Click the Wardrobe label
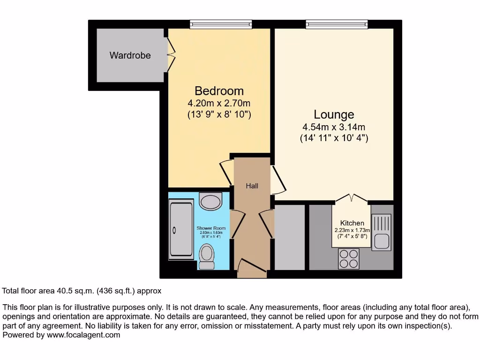pyautogui.click(x=130, y=55)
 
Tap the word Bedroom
pyautogui.click(x=219, y=90)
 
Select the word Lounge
pyautogui.click(x=334, y=114)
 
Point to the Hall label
pyautogui.click(x=252, y=186)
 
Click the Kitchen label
pyautogui.click(x=352, y=223)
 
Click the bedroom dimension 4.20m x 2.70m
pyautogui.click(x=219, y=103)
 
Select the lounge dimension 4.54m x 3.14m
pyautogui.click(x=334, y=127)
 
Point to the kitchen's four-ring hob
pyautogui.click(x=349, y=258)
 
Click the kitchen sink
pyautogui.click(x=381, y=232)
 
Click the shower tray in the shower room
pyautogui.click(x=181, y=229)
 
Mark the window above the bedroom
pyautogui.click(x=221, y=24)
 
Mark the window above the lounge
pyautogui.click(x=337, y=24)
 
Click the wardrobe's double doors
pyautogui.click(x=170, y=55)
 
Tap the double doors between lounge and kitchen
pyautogui.click(x=352, y=198)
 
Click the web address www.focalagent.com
pyautogui.click(x=83, y=335)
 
